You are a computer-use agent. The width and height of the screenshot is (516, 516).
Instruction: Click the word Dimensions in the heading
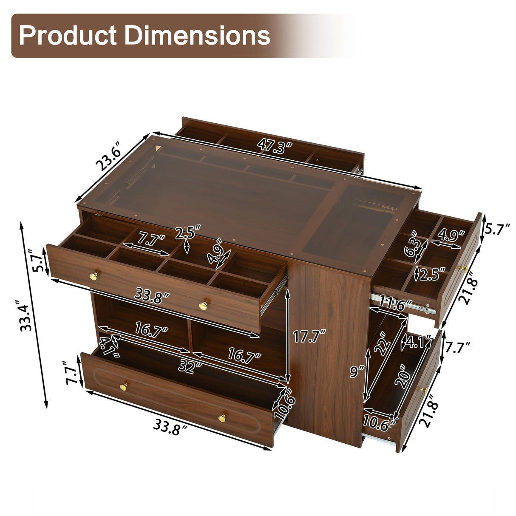coord(196,35)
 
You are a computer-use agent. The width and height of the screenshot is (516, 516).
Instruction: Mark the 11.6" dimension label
coord(396,303)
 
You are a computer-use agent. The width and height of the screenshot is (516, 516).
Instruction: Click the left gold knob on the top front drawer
coord(94,276)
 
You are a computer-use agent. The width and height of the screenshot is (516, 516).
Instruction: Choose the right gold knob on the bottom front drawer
coord(222,418)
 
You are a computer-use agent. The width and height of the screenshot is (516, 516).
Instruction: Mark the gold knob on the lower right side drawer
coord(423,390)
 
